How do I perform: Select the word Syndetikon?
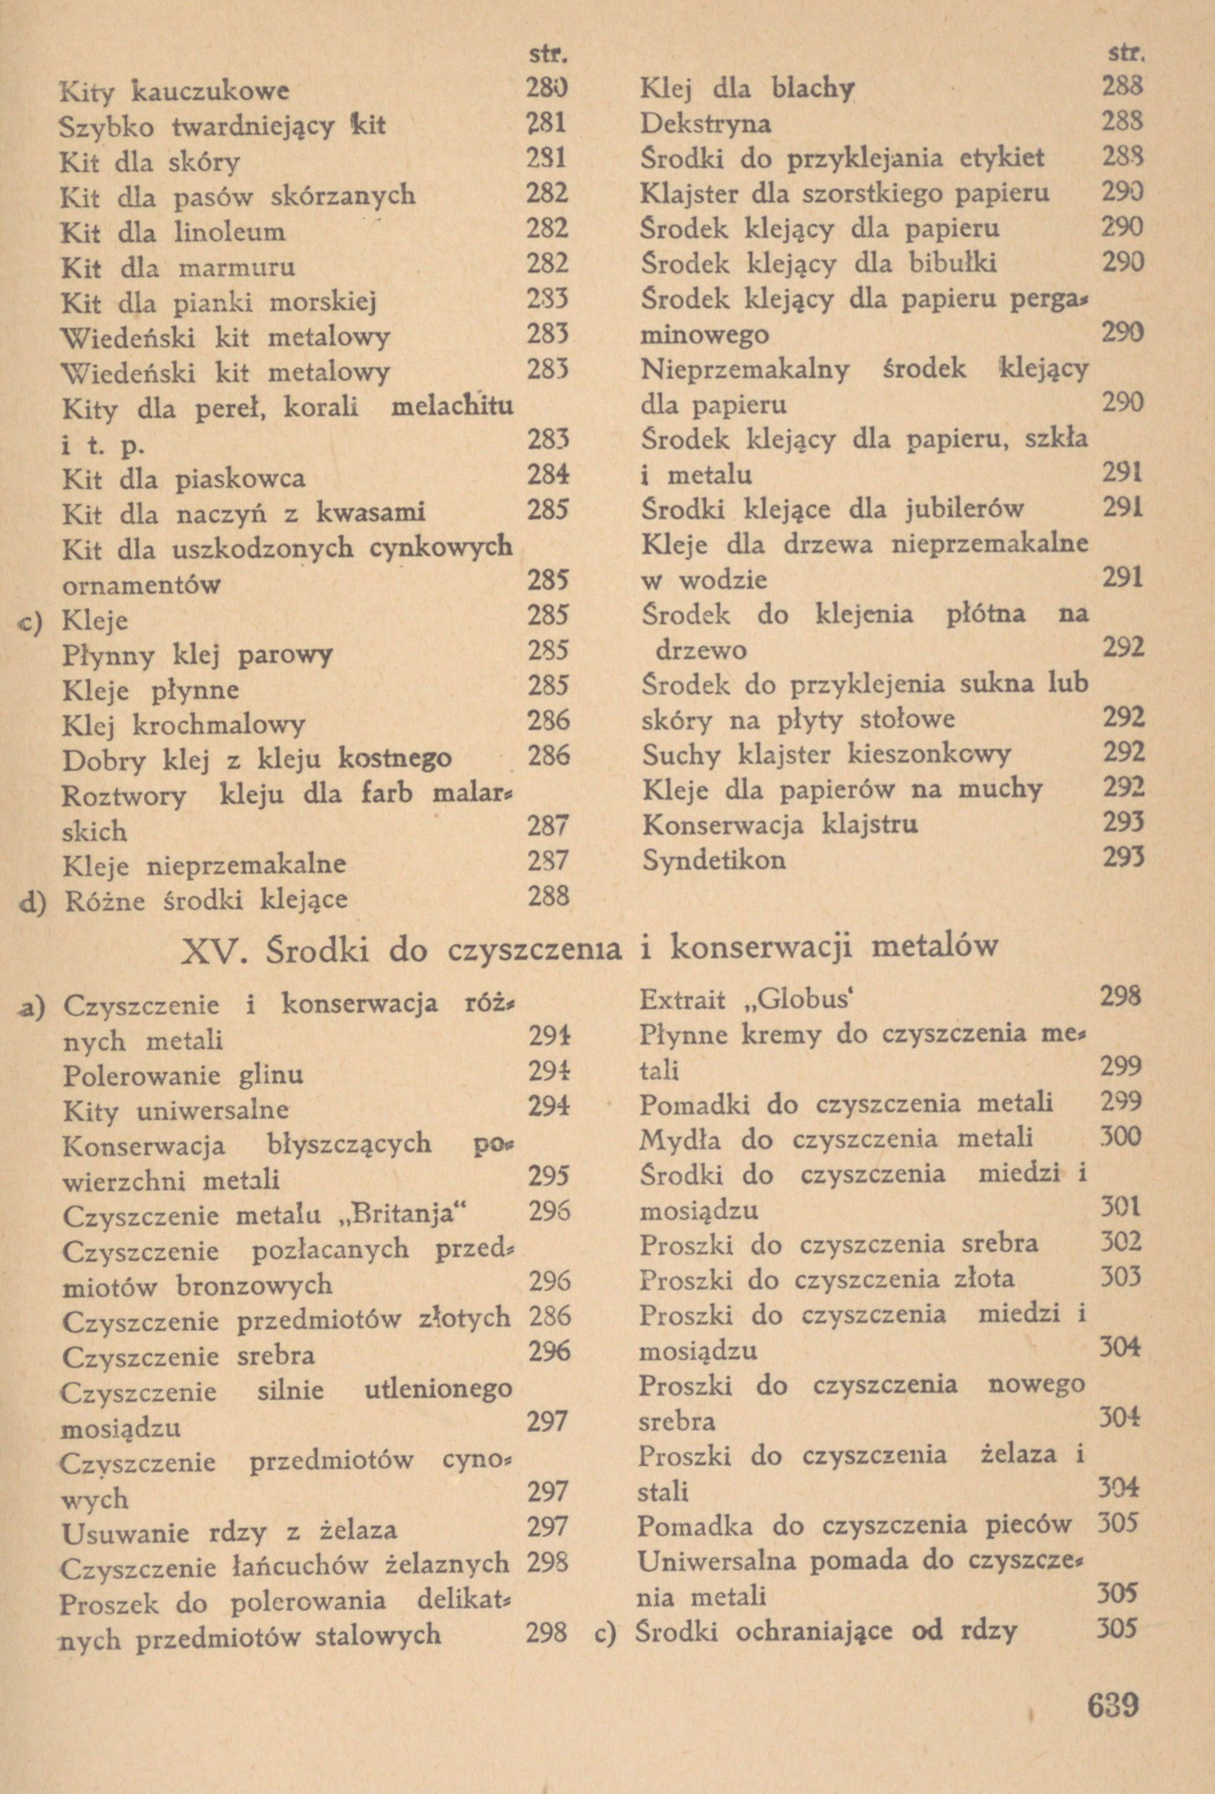(714, 859)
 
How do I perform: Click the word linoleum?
(230, 231)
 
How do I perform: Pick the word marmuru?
(236, 268)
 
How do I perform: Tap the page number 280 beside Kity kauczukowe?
(547, 91)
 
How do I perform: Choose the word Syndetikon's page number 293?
(1122, 858)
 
